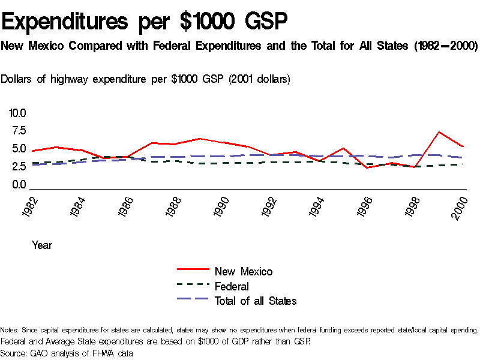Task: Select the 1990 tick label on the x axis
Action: click(x=223, y=206)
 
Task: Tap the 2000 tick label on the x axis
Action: click(x=460, y=206)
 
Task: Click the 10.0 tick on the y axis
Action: click(x=17, y=113)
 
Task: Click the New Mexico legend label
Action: click(x=243, y=271)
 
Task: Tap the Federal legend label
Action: click(x=232, y=286)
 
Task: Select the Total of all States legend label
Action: click(x=255, y=301)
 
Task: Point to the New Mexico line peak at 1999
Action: click(x=439, y=132)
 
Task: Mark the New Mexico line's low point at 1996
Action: click(x=367, y=167)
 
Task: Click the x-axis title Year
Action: click(x=42, y=245)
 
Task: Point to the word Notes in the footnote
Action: click(x=10, y=330)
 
